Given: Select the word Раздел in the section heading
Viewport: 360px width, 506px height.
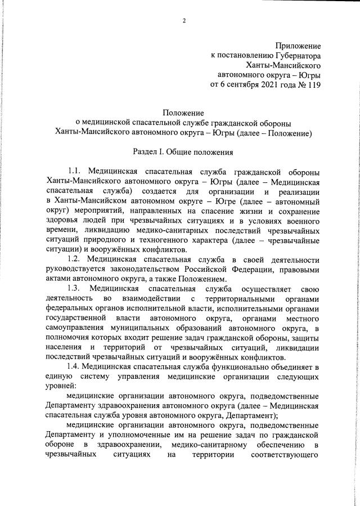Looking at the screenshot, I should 146,152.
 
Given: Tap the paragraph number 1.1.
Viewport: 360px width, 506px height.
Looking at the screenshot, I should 76,171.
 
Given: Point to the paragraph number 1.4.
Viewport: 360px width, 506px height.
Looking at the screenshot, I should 74,366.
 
